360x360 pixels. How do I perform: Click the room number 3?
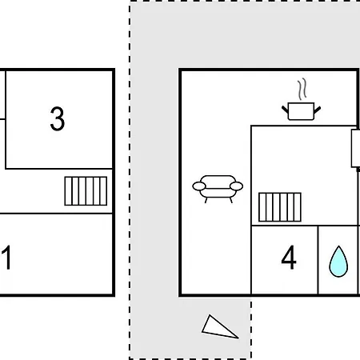(x=58, y=119)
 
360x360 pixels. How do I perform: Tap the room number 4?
(x=289, y=258)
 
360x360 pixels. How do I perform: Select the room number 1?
(x=6, y=258)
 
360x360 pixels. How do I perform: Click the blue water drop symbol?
(x=338, y=262)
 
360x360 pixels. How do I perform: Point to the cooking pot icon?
(x=302, y=111)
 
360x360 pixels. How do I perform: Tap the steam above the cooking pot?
(x=302, y=89)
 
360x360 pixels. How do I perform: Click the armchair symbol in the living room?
(x=218, y=189)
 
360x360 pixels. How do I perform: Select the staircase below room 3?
(x=86, y=191)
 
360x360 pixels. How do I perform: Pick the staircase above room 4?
(x=280, y=207)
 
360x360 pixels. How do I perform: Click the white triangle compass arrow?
(x=218, y=328)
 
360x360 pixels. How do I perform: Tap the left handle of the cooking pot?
(x=285, y=110)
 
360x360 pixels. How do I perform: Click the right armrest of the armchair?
(x=236, y=186)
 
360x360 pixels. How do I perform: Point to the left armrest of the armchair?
(x=199, y=186)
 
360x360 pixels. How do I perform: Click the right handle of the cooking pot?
(x=318, y=110)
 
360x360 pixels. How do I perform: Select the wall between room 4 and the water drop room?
(x=318, y=260)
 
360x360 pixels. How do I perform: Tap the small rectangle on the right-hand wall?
(x=355, y=148)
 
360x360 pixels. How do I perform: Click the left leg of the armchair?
(x=206, y=200)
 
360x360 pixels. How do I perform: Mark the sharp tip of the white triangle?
(x=238, y=338)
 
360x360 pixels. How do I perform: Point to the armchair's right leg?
(x=231, y=200)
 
